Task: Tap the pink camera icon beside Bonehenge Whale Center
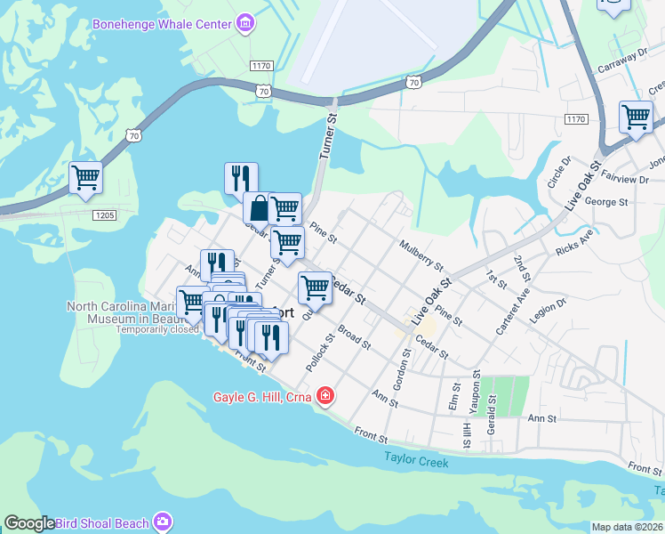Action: click(x=245, y=20)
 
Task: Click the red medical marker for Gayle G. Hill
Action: click(x=325, y=395)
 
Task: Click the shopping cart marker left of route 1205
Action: click(x=85, y=178)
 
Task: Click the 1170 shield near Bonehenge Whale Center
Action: click(x=260, y=66)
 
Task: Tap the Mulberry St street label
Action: click(x=421, y=254)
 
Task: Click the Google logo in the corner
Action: click(x=29, y=523)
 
